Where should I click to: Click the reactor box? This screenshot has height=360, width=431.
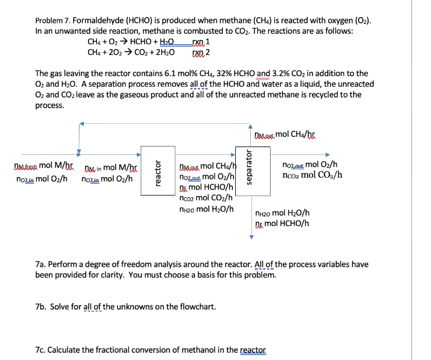pyautogui.click(x=155, y=170)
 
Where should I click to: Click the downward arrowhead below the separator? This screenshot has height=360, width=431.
pyautogui.click(x=251, y=236)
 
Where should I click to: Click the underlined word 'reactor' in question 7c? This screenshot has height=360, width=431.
pyautogui.click(x=253, y=350)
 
